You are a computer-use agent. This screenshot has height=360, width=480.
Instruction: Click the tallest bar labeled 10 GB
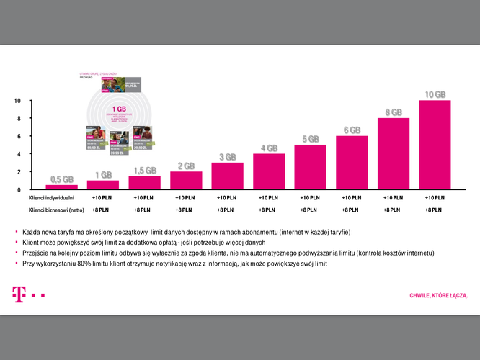point(435,145)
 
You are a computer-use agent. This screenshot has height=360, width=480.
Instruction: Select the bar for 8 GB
point(394,153)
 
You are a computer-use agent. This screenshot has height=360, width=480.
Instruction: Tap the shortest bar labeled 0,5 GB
point(62,186)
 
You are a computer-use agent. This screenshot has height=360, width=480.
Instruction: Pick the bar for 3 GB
point(227,176)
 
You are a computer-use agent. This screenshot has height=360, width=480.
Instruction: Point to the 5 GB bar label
point(310,139)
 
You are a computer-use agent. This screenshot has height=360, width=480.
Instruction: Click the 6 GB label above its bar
point(352,130)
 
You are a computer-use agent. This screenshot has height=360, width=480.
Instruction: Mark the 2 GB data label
point(186,166)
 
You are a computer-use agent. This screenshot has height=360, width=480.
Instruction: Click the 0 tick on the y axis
point(19,189)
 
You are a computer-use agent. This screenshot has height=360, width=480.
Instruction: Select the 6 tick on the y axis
point(19,136)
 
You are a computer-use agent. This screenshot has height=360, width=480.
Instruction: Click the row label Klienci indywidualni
point(51,197)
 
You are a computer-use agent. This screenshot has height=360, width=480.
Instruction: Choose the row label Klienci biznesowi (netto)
point(56,210)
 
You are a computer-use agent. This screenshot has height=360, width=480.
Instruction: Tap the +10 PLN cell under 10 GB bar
point(435,197)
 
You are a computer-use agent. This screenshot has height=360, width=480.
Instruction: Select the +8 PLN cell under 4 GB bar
point(268,210)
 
